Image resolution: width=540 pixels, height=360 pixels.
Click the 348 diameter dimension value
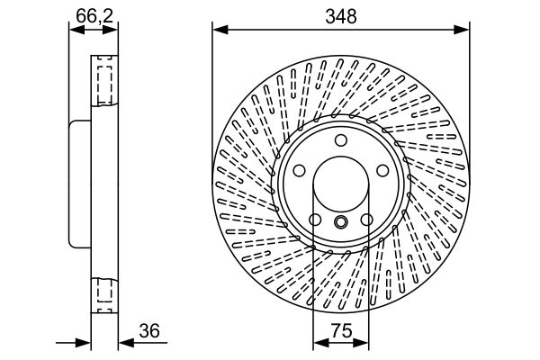[x=341, y=15]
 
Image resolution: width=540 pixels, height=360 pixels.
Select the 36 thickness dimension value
[x=149, y=332]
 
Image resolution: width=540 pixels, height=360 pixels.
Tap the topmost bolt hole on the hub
[x=341, y=140]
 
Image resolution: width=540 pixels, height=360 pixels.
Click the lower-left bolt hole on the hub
[x=314, y=221]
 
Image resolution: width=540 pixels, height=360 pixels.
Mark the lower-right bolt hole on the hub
[x=368, y=221]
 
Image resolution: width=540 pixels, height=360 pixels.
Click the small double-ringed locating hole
[x=341, y=222]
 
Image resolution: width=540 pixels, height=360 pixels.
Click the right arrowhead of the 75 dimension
[x=364, y=343]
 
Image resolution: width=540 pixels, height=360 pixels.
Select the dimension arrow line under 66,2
[x=94, y=29]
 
